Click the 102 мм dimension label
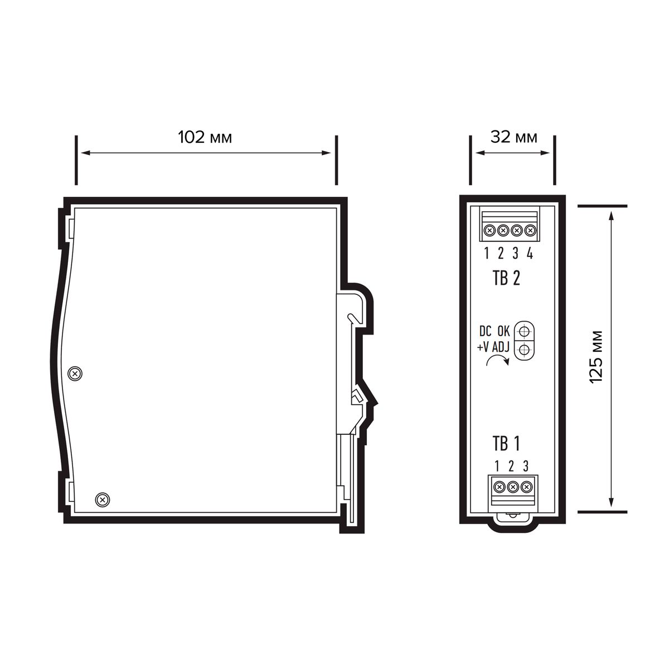[x=205, y=138]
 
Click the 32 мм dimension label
[x=514, y=137]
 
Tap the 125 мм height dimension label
[x=597, y=357]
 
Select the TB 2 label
[x=507, y=278]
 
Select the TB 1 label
[x=506, y=444]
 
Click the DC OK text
[x=495, y=331]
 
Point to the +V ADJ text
[x=493, y=347]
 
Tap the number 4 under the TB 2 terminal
[x=530, y=254]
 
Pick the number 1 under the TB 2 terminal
[x=487, y=254]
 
